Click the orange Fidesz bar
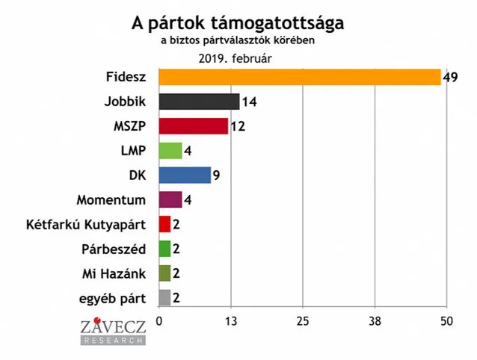click(299, 77)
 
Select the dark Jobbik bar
click(199, 102)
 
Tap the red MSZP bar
click(193, 126)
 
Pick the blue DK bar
click(185, 175)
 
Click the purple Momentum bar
click(170, 199)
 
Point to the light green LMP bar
click(170, 150)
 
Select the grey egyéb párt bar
click(165, 297)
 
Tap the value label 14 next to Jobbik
click(250, 102)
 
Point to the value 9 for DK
click(218, 175)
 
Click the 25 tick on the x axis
click(302, 321)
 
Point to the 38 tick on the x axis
click(375, 321)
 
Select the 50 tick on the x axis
click(446, 321)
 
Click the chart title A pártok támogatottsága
click(238, 22)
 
